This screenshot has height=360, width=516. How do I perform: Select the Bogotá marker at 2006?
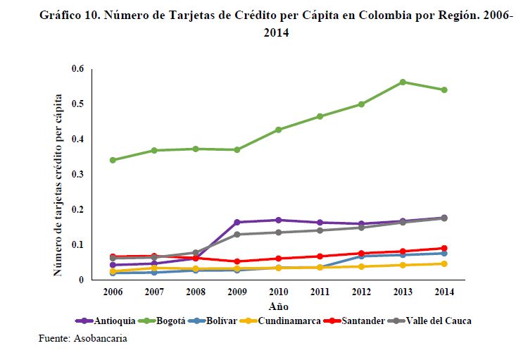[x=113, y=160]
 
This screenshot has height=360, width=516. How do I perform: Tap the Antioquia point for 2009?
[x=237, y=223]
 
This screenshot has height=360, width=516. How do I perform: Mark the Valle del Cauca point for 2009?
[x=237, y=235]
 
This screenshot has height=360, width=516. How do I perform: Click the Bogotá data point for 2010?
[x=278, y=130]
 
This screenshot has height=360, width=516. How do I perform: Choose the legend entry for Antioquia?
[x=96, y=321]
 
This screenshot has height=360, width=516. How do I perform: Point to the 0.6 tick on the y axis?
[x=77, y=69]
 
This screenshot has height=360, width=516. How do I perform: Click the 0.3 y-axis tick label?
[x=77, y=175]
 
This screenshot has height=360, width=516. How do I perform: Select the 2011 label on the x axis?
[x=320, y=292]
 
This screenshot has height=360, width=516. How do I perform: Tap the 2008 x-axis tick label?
[x=196, y=292]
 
